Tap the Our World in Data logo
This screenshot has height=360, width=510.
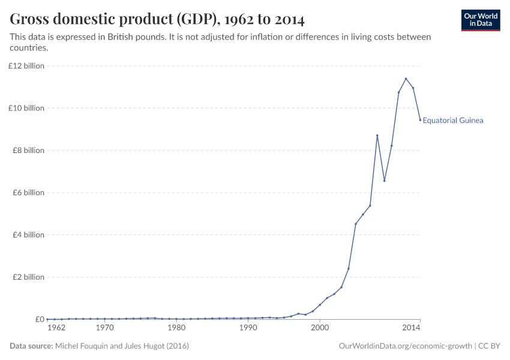[480, 20]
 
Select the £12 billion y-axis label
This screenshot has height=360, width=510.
[26, 66]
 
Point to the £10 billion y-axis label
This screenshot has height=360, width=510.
[26, 108]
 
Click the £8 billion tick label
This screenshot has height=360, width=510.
[28, 151]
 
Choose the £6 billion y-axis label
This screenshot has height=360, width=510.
[28, 193]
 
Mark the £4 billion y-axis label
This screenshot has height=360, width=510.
[28, 235]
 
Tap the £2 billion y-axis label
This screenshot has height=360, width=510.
[28, 277]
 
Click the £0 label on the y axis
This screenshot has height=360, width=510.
[39, 319]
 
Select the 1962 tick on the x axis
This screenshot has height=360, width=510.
[56, 329]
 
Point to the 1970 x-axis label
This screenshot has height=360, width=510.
[104, 329]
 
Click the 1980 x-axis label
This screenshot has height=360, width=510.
[176, 329]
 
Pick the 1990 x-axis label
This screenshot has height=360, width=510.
[248, 329]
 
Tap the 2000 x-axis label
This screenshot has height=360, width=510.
[320, 329]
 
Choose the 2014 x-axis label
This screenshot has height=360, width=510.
[411, 329]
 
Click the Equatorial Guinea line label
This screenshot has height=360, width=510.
[453, 120]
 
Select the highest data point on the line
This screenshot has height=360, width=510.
[406, 79]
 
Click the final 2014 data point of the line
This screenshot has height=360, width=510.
[420, 120]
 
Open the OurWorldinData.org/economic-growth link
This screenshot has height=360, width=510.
[406, 346]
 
